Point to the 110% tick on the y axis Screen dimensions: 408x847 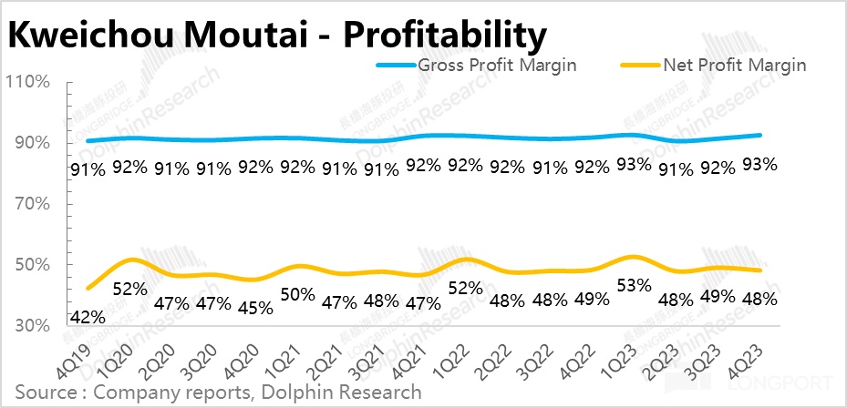click(x=28, y=82)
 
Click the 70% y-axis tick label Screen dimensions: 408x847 click(x=28, y=204)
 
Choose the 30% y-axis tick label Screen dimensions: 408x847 click(x=28, y=326)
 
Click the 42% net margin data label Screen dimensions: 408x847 click(x=88, y=317)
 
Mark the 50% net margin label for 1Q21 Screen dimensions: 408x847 click(x=297, y=294)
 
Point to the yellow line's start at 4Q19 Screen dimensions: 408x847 click(x=88, y=289)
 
